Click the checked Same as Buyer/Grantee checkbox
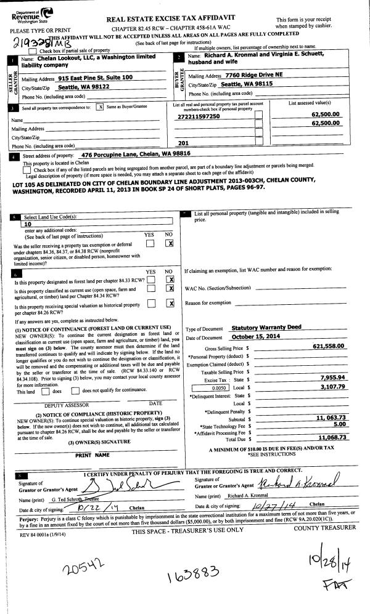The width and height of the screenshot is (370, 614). pyautogui.click(x=100, y=107)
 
